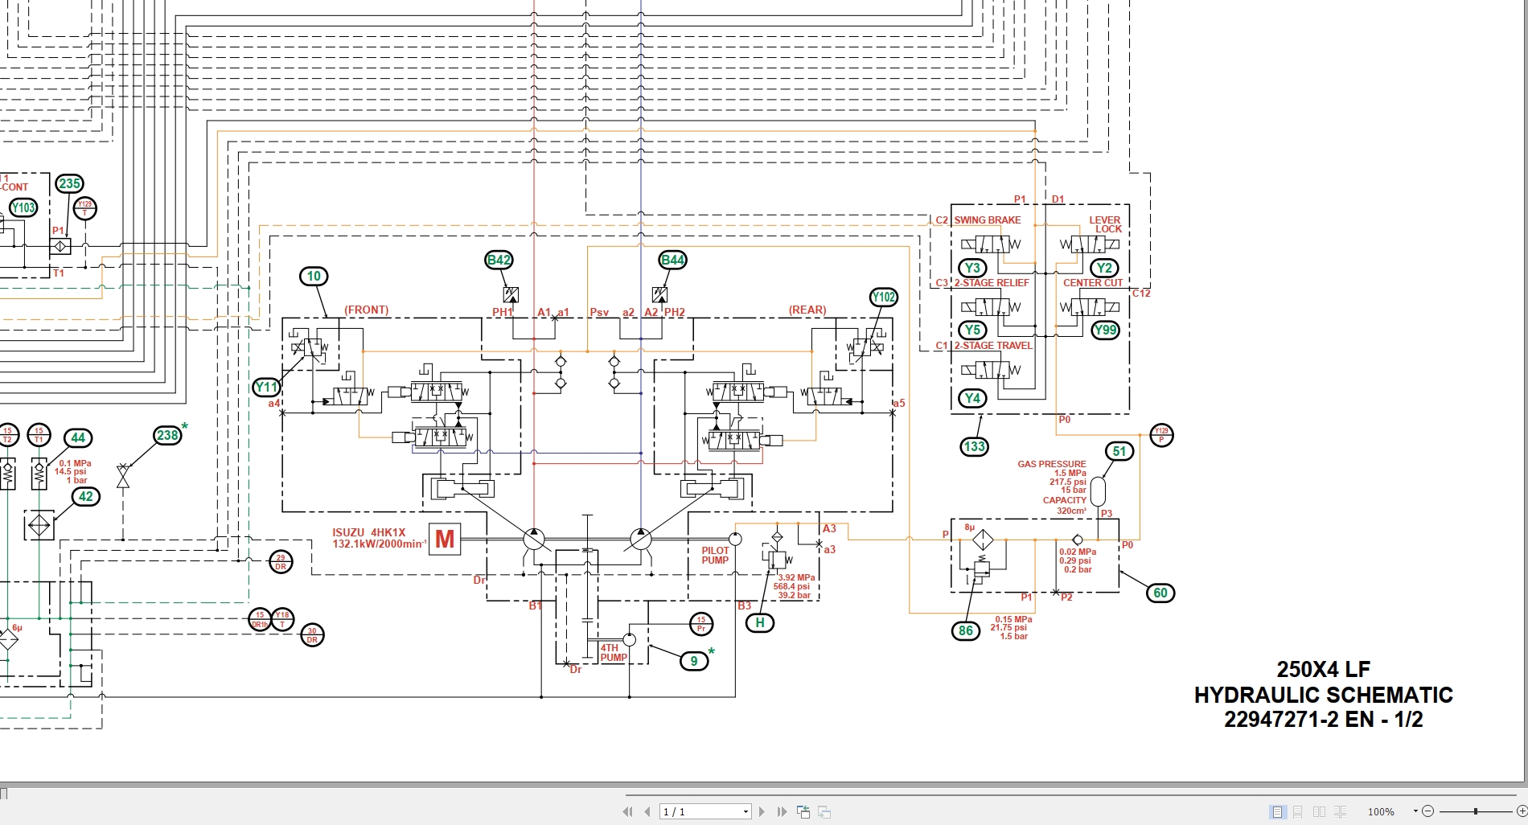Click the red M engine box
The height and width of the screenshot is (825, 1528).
coord(445,539)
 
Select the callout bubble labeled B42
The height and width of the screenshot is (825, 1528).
coord(499,260)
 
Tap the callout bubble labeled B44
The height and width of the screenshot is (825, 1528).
coord(672,260)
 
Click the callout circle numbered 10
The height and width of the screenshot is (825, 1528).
coord(314,277)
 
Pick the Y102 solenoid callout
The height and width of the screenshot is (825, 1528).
coord(884,298)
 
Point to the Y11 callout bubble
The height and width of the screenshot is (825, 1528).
coord(266,387)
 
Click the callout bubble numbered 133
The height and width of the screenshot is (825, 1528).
coord(974,447)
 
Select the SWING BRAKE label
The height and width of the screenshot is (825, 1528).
coord(988,220)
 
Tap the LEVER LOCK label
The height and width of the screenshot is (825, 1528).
coord(1106,224)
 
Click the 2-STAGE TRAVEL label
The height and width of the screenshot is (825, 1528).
coord(992,346)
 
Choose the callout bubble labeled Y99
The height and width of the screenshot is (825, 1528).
coord(1106,330)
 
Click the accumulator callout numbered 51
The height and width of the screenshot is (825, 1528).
coord(1119,452)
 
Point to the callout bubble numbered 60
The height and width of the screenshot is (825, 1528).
coord(1160,593)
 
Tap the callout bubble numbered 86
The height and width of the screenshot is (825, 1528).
coord(966,631)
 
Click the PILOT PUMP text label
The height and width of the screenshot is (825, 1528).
coord(715,556)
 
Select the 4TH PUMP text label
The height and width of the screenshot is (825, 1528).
coord(613,653)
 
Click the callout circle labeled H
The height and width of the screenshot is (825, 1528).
coord(760,623)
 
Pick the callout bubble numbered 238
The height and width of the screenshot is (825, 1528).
coord(167,436)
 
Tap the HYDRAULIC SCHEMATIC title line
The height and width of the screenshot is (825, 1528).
coord(1323,695)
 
